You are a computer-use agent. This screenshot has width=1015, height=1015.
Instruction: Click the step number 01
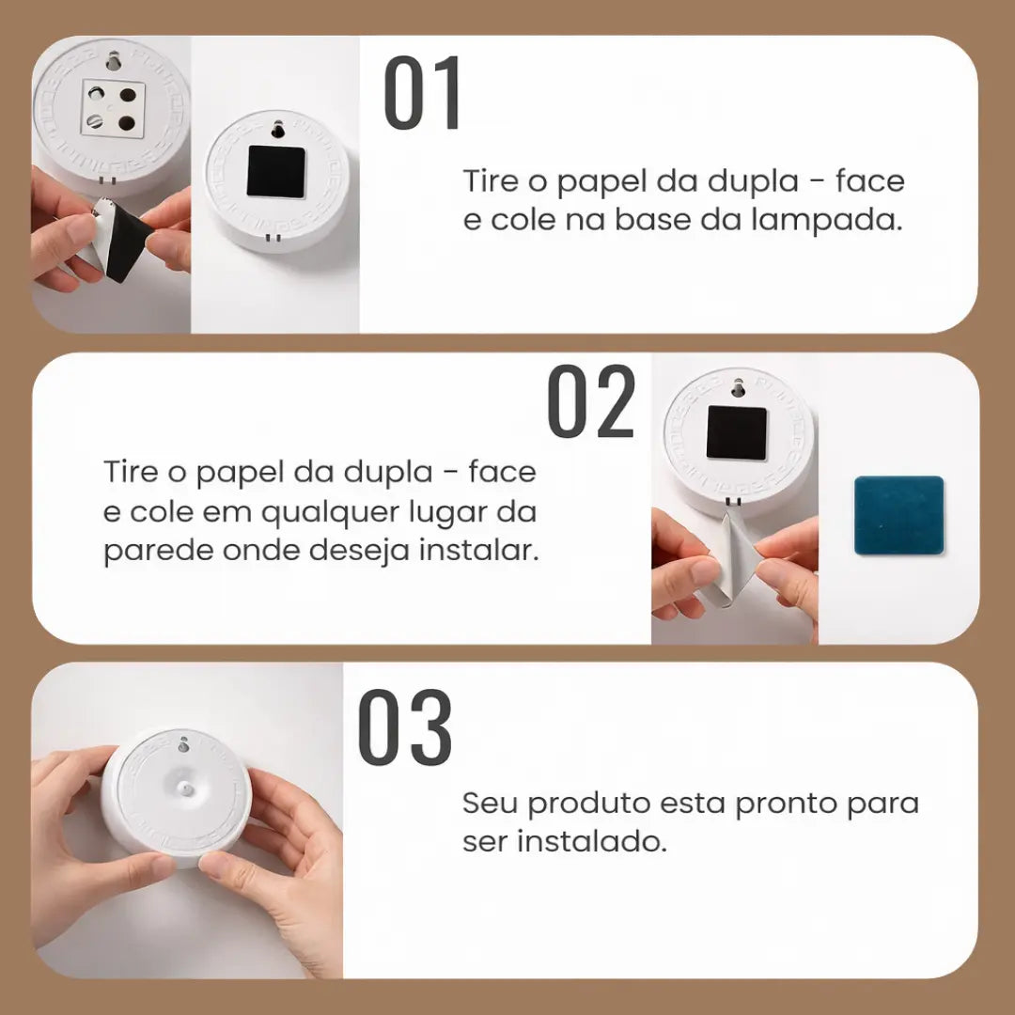coord(423,94)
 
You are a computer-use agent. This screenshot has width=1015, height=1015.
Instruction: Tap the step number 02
coord(592,402)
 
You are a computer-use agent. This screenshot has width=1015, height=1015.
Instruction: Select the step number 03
coord(405,727)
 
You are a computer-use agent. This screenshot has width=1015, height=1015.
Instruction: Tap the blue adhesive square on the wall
coord(898,515)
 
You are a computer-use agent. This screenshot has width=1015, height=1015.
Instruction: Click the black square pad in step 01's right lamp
coord(275,172)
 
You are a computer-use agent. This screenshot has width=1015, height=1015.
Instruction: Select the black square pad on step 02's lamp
coord(736,432)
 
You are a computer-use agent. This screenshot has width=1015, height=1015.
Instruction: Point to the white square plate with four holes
coord(113,108)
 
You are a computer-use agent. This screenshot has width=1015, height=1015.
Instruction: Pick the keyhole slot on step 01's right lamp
coord(277,129)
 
